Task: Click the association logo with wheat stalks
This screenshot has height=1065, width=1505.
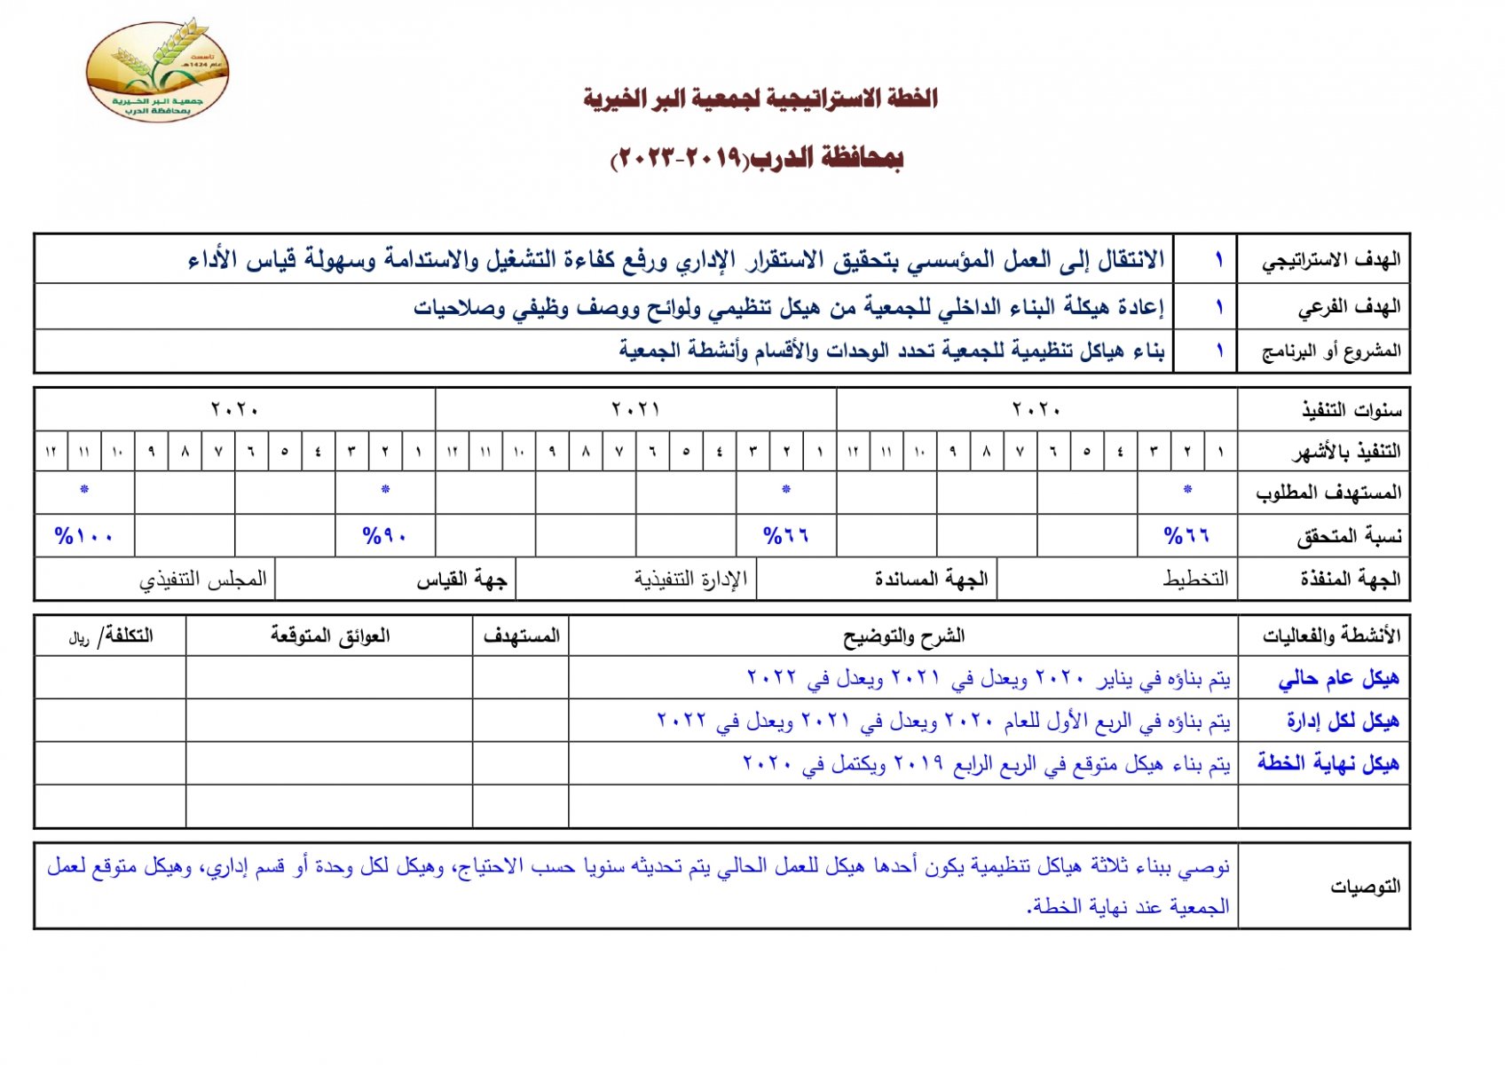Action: click(157, 71)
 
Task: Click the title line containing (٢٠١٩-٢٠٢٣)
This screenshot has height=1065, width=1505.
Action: click(757, 159)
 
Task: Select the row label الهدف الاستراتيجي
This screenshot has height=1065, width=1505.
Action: click(1331, 260)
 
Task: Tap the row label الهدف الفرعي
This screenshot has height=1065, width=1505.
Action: click(1349, 307)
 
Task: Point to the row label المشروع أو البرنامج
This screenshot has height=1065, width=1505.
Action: click(1331, 351)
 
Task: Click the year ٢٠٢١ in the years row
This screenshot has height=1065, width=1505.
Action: click(635, 410)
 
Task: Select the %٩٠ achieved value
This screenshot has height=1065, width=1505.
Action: click(385, 536)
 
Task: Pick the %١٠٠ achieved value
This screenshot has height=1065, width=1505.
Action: click(83, 536)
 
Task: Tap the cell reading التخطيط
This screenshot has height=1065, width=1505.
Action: click(1195, 580)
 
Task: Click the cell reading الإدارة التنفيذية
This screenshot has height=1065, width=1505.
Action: click(690, 580)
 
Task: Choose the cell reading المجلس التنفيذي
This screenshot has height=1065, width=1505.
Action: click(202, 580)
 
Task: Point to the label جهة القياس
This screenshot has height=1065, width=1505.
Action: click(461, 580)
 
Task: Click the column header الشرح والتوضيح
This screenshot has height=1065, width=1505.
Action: click(903, 636)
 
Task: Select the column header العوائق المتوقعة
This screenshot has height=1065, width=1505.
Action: click(330, 636)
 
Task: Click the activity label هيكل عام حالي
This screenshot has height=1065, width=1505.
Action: click(1338, 679)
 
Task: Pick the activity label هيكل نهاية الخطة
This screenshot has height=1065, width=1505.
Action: click(1328, 763)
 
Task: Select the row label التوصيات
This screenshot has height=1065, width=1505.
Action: click(1365, 886)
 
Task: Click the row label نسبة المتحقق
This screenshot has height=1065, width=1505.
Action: click(1349, 536)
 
